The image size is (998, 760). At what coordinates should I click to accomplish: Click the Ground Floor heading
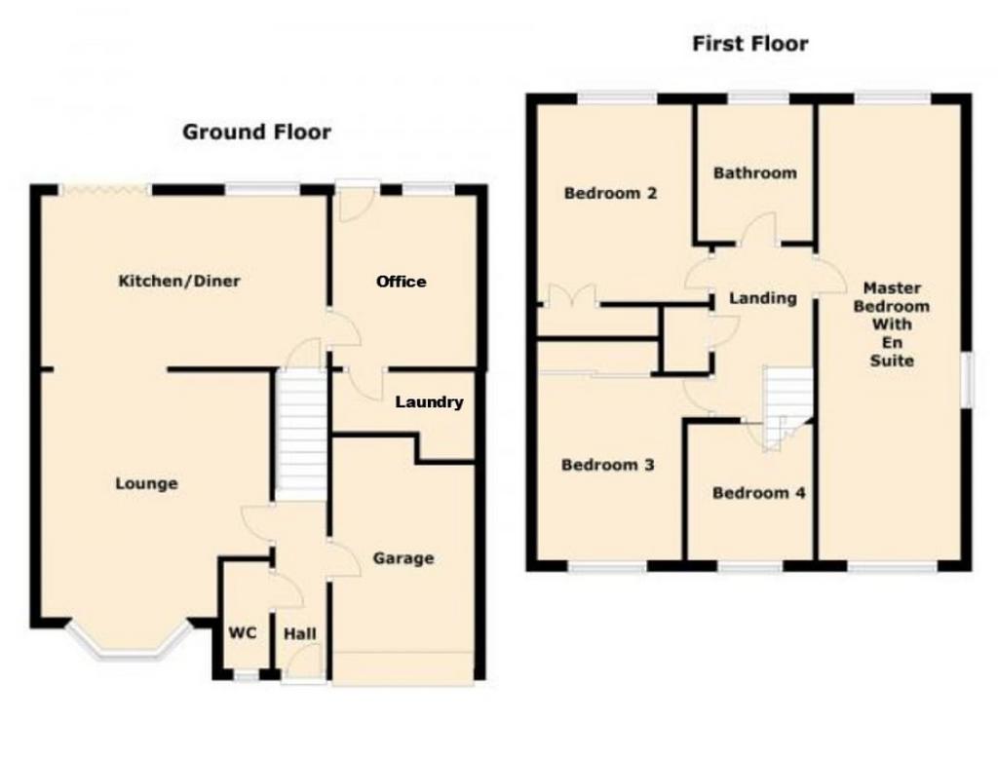[256, 132]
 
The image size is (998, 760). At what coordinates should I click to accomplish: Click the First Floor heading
[750, 44]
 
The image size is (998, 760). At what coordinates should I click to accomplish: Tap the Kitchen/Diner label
[179, 281]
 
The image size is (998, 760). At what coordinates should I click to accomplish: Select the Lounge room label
[146, 483]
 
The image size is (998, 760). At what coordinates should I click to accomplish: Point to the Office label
[401, 282]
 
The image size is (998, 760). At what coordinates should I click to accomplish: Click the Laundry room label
[430, 402]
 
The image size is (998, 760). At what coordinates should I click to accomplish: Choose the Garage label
[403, 558]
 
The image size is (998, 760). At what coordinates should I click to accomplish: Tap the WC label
[243, 632]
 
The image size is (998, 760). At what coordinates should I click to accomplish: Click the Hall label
[300, 634]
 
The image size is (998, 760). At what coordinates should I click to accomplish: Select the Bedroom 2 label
[610, 193]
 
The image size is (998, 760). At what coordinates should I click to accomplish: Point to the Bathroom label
[755, 173]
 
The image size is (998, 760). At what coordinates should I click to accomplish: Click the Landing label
[762, 298]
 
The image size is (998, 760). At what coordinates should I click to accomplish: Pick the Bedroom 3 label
[608, 466]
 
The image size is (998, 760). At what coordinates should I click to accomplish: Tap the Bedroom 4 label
[758, 493]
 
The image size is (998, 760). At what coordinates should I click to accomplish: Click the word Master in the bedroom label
[892, 287]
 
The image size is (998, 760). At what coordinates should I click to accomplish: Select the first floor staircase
[787, 408]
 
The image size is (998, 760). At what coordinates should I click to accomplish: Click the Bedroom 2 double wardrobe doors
[572, 296]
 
